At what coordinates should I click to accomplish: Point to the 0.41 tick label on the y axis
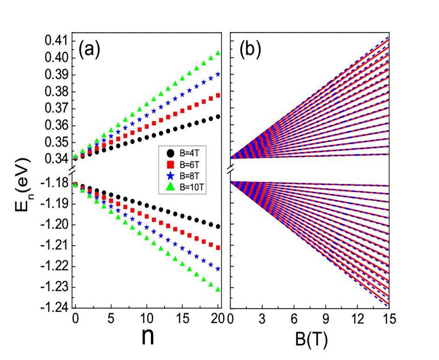click(56, 41)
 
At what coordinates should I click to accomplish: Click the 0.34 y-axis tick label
click(56, 159)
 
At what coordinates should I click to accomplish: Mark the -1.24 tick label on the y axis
click(54, 307)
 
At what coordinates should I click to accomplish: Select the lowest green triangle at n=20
click(218, 290)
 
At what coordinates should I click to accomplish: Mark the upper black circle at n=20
click(218, 117)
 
